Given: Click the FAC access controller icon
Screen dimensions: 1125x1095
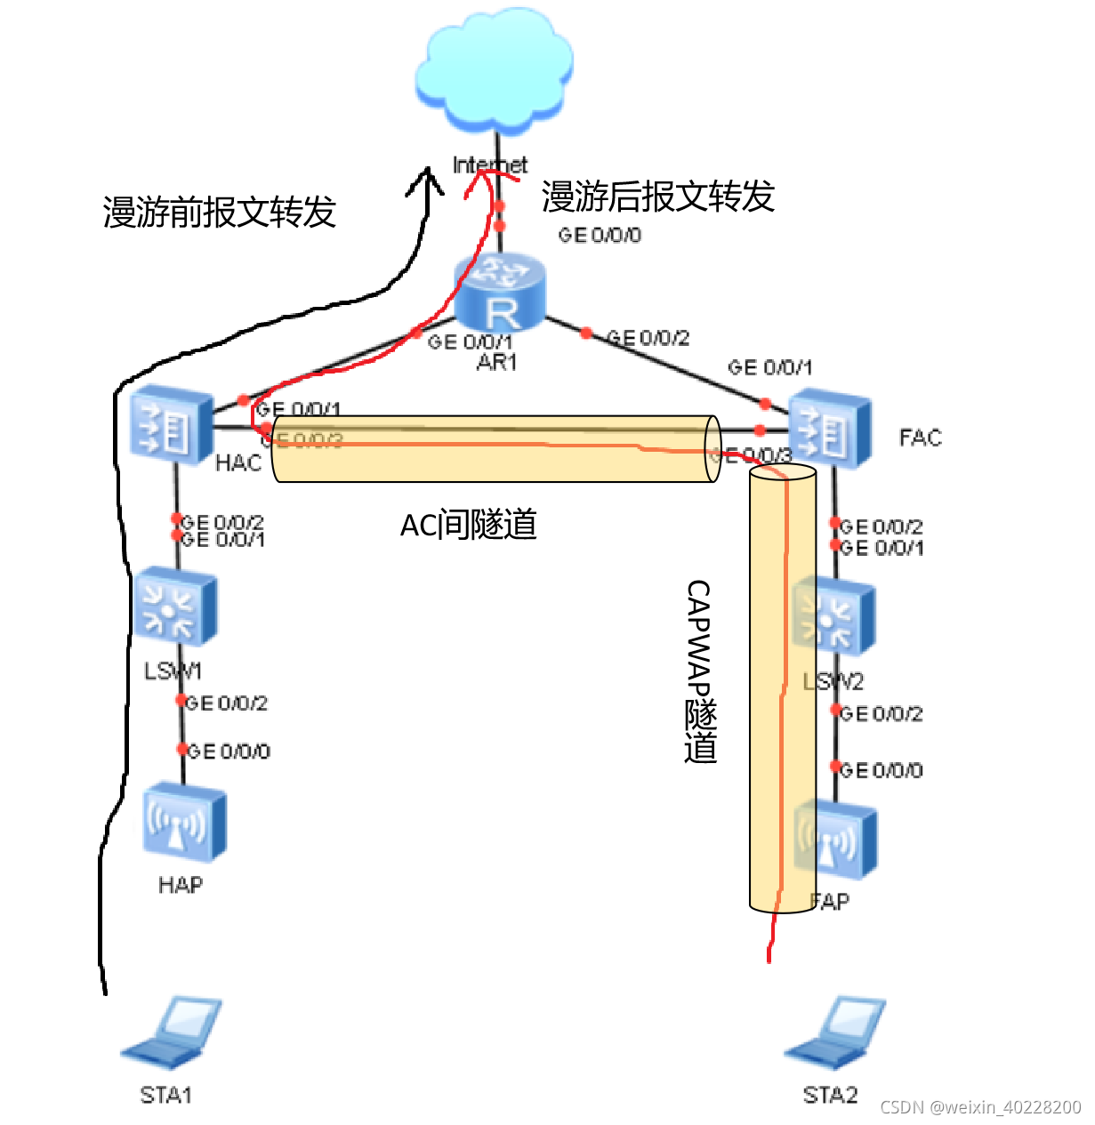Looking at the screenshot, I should pyautogui.click(x=829, y=430).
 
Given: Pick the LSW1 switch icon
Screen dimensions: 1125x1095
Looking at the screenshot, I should pyautogui.click(x=174, y=607).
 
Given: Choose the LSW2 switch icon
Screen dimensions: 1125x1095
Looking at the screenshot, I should pyautogui.click(x=833, y=616).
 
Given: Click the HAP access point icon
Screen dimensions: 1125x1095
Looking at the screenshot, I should pyautogui.click(x=183, y=822).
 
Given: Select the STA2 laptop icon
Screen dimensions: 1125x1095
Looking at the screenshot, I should pyautogui.click(x=835, y=1032).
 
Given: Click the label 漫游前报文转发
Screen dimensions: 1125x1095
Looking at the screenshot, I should pyautogui.click(x=219, y=213).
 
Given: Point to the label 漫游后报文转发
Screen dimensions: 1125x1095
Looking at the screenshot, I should pyautogui.click(x=658, y=197).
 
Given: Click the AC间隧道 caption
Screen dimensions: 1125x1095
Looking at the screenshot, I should pyautogui.click(x=469, y=526).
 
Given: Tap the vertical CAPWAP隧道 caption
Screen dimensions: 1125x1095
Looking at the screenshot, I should pyautogui.click(x=700, y=671).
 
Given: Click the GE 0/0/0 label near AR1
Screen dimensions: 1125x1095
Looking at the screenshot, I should pyautogui.click(x=600, y=235).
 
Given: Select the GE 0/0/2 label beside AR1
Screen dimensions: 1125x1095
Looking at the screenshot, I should pyautogui.click(x=648, y=338).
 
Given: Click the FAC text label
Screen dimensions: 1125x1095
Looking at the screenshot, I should pyautogui.click(x=920, y=438).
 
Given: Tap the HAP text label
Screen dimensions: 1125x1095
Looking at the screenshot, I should pyautogui.click(x=181, y=885).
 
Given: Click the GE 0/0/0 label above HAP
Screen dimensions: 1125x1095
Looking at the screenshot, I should pyautogui.click(x=229, y=751).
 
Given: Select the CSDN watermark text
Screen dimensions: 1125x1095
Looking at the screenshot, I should pyautogui.click(x=980, y=1107).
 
